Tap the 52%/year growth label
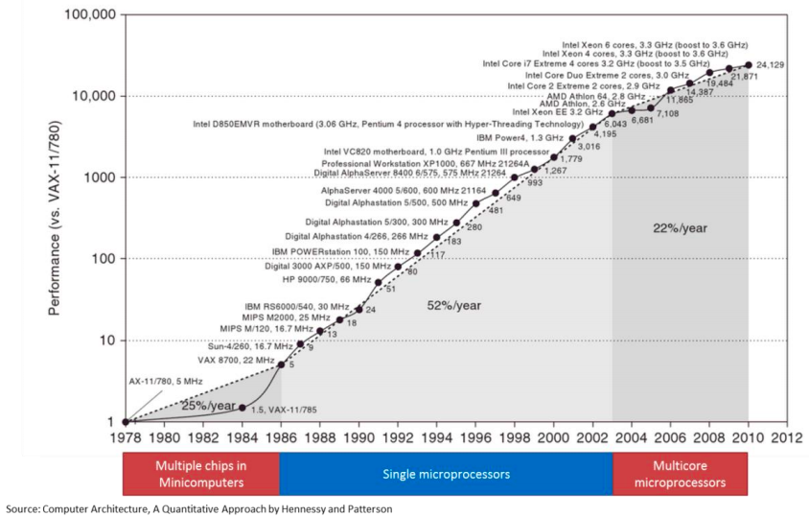pyautogui.click(x=453, y=305)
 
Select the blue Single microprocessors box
pyautogui.click(x=446, y=474)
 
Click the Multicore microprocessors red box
pyautogui.click(x=682, y=474)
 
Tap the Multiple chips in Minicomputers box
pyautogui.click(x=201, y=474)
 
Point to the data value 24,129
pyautogui.click(x=771, y=65)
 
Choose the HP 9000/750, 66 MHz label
pyautogui.click(x=326, y=278)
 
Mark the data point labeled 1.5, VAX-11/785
pyautogui.click(x=242, y=408)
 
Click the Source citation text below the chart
pyautogui.click(x=198, y=508)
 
